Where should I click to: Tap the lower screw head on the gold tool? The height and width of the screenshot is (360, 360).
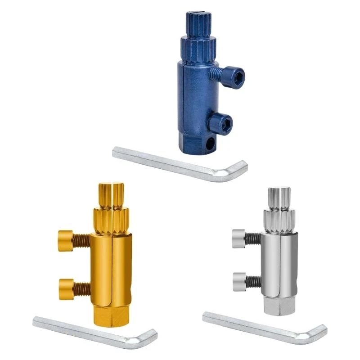[66, 285]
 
